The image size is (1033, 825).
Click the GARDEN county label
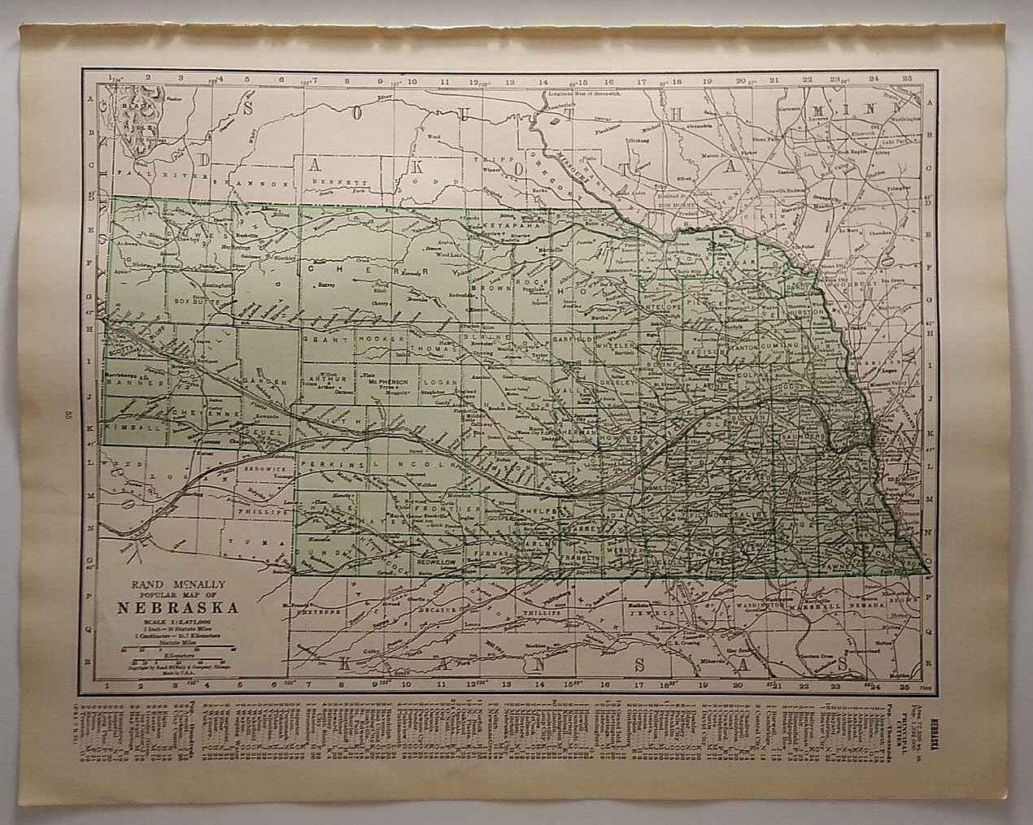[x=270, y=381]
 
